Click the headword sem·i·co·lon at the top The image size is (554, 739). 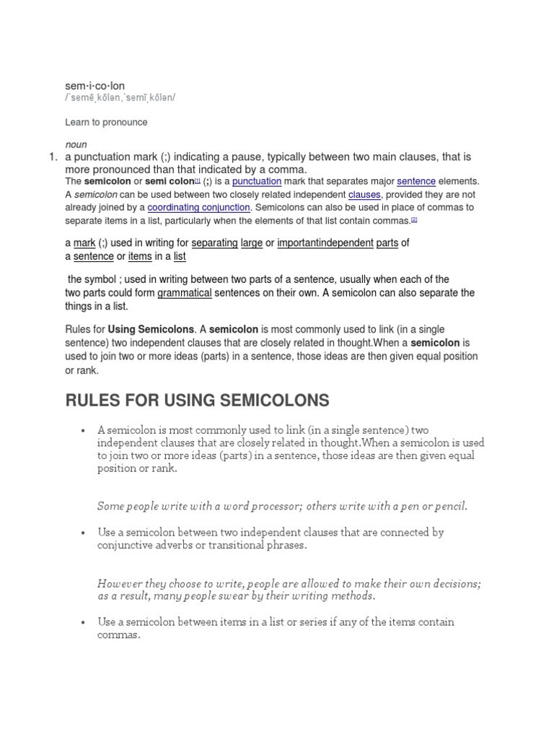[94, 86]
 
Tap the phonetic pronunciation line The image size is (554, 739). [120, 97]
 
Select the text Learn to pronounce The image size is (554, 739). [106, 122]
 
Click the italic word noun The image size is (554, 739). [76, 144]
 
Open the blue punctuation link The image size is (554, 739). [256, 182]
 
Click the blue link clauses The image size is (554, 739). [364, 195]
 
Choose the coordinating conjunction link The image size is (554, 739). [199, 207]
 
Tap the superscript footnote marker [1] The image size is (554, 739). [198, 180]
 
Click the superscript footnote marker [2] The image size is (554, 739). [414, 219]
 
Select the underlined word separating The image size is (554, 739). [214, 243]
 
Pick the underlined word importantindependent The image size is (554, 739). [325, 243]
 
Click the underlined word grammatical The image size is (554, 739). [185, 293]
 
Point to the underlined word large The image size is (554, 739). [252, 243]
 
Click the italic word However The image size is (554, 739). [119, 583]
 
